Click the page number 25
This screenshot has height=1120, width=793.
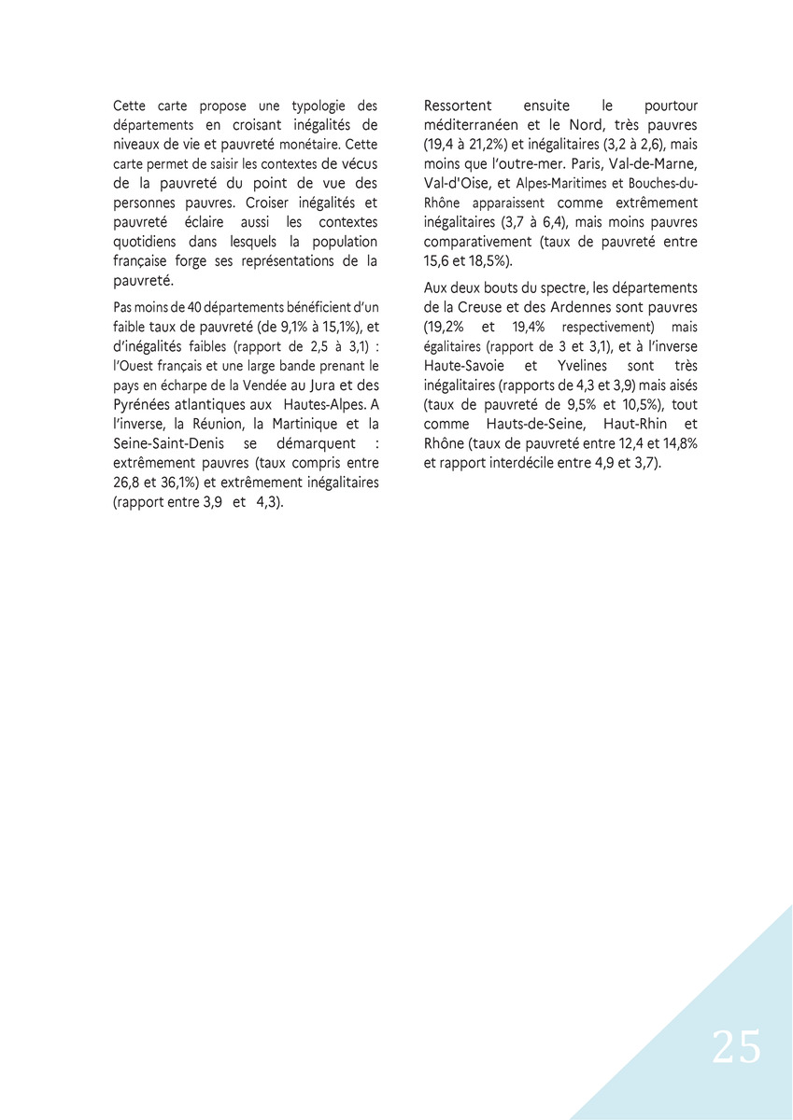736,1047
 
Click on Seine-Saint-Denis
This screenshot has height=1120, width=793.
165,443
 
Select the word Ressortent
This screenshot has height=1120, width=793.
458,106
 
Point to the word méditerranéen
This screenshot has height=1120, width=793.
468,125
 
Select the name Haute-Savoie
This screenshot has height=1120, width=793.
466,366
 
